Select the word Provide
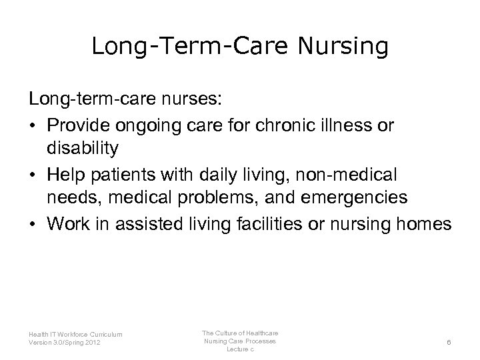coord(79,126)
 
